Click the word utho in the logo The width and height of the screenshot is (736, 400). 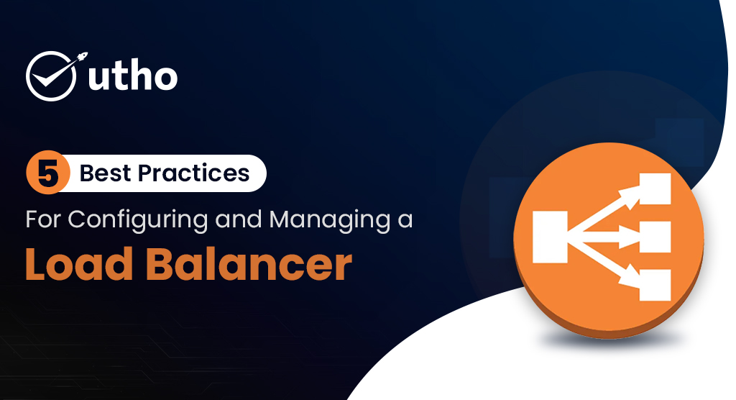[x=132, y=76]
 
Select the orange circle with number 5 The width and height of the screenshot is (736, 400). [x=47, y=173]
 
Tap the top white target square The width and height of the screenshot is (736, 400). [x=653, y=188]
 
